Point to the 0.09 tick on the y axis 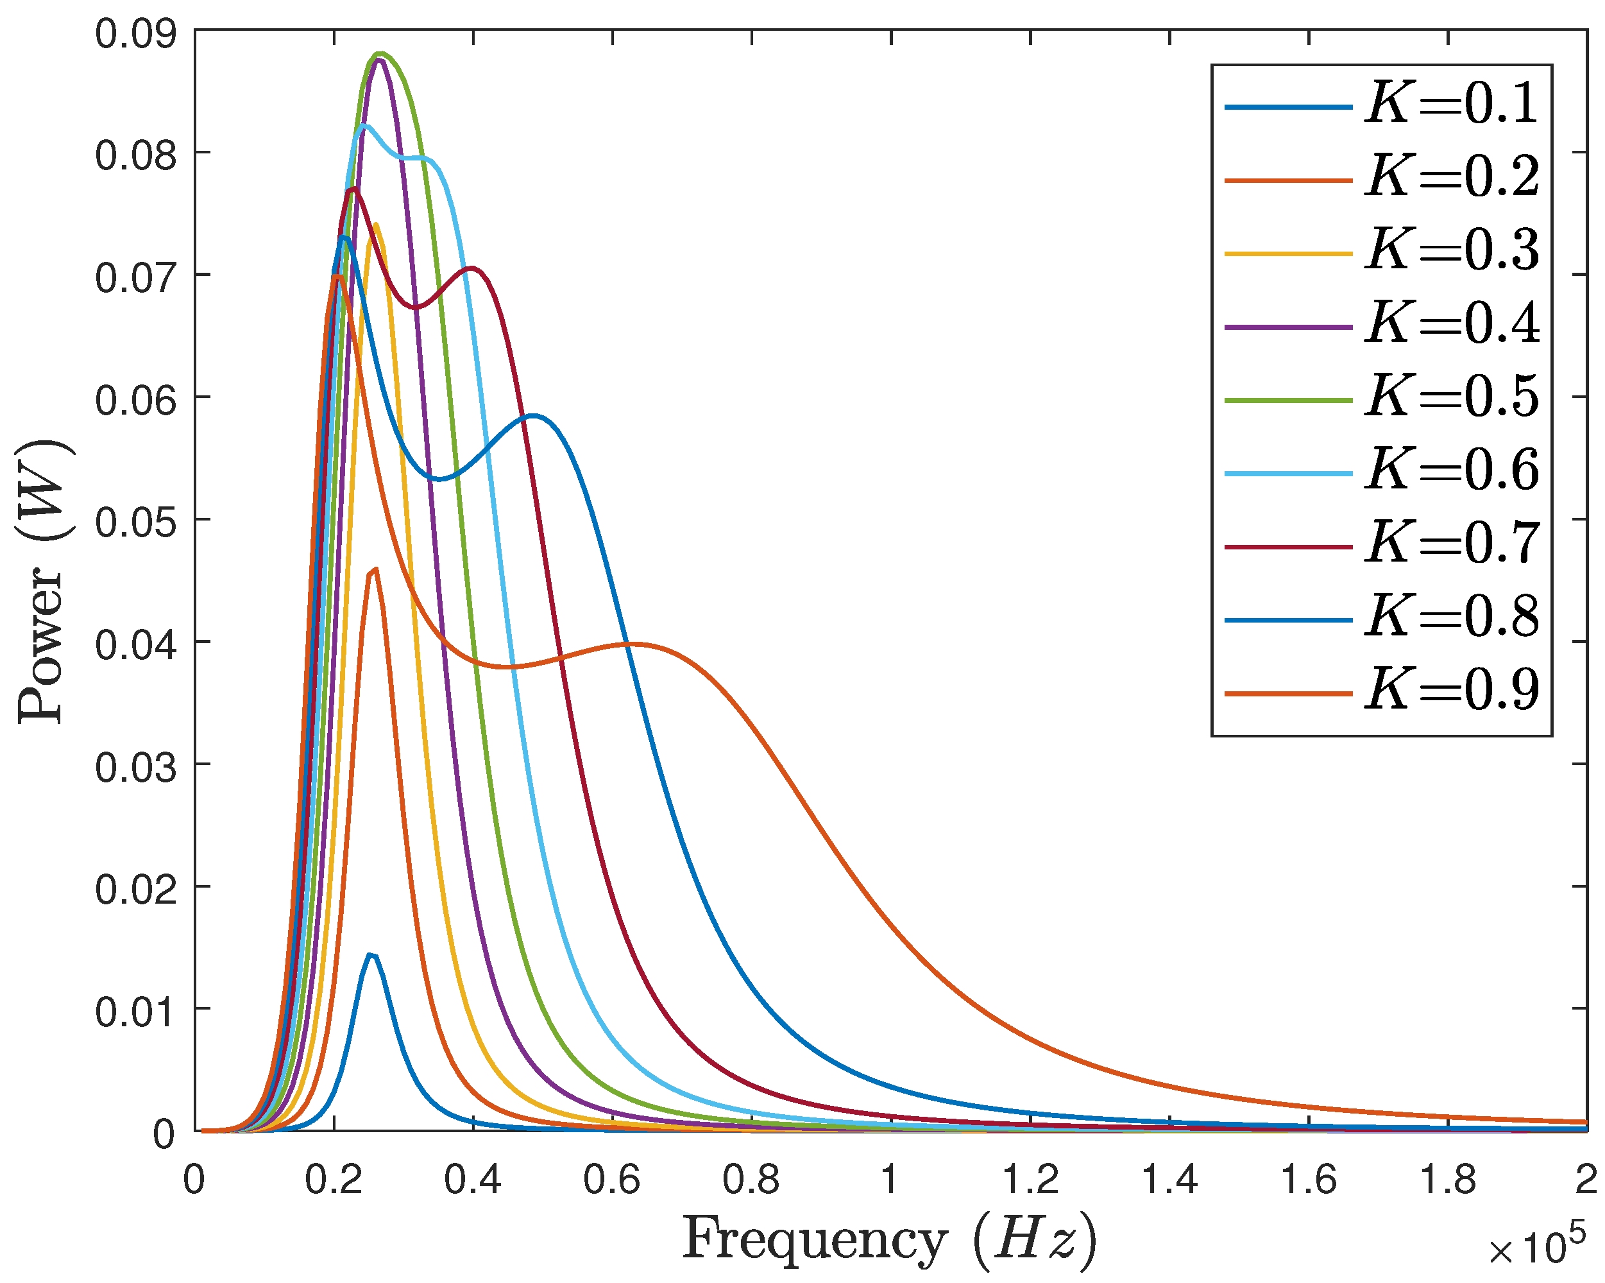(x=136, y=34)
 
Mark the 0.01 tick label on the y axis (x=136, y=1012)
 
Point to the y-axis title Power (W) (x=43, y=581)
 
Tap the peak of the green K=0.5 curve (x=381, y=54)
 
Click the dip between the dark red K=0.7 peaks (x=416, y=307)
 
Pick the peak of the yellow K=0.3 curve (x=375, y=224)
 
